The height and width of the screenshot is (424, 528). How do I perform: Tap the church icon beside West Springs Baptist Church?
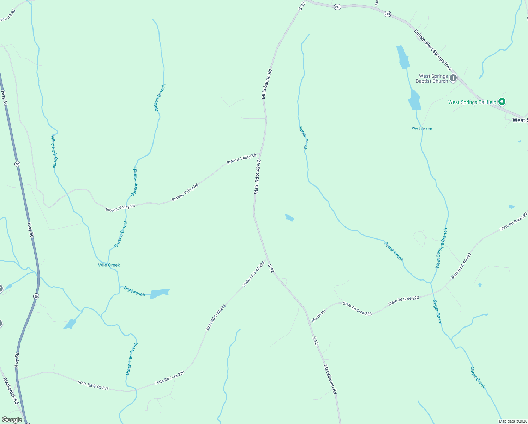point(453,78)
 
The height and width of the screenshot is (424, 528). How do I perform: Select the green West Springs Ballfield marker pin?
point(502,102)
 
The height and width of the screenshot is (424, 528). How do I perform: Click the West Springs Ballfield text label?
point(472,102)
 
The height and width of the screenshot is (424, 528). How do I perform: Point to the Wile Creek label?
point(109,265)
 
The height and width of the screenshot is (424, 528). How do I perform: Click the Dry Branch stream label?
point(134,291)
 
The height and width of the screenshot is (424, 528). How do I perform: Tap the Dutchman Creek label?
point(131,359)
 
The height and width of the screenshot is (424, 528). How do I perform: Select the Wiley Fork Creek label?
point(54,151)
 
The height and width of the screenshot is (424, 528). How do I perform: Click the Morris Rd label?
point(318,316)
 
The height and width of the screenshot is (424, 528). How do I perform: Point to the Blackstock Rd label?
point(11,391)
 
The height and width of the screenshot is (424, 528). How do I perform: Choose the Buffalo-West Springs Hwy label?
point(433,49)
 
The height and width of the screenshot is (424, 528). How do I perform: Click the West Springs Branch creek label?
point(441,248)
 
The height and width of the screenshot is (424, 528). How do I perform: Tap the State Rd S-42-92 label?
point(257,177)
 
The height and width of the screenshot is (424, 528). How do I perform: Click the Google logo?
point(12,420)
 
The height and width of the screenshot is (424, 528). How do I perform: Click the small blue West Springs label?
point(422,128)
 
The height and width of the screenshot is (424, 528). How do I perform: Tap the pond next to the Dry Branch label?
point(160,293)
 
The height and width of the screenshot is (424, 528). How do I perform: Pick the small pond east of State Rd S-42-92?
point(289,218)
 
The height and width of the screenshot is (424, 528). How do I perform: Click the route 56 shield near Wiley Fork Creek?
point(18,164)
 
